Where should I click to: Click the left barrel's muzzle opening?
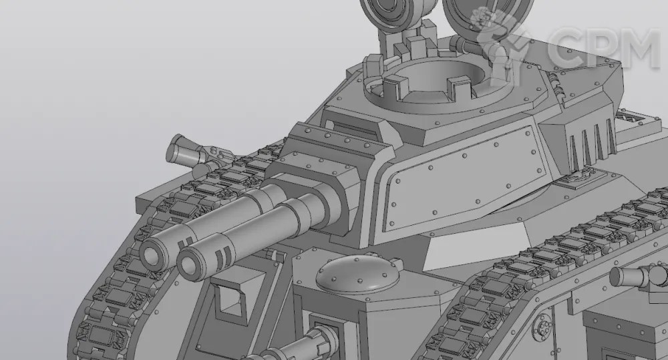(x=151, y=254)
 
